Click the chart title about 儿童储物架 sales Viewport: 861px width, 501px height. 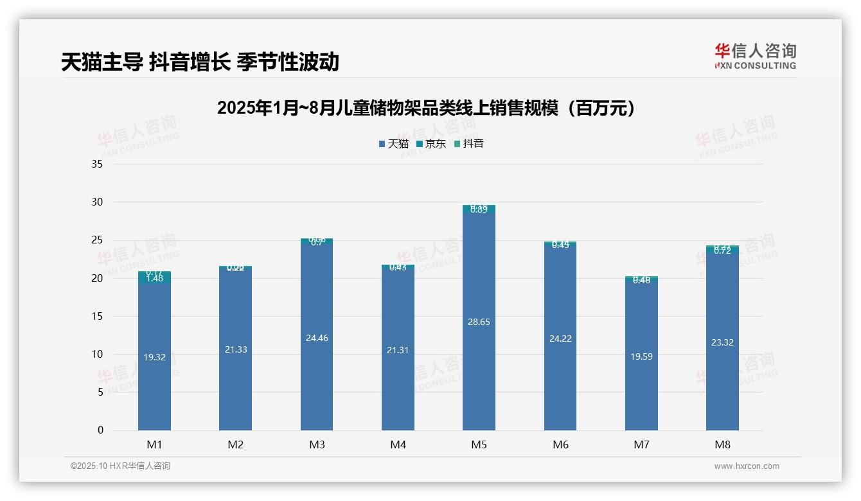tap(426, 108)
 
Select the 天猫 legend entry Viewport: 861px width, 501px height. tap(394, 144)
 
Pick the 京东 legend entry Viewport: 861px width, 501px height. tap(431, 144)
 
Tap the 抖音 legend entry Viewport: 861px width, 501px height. tap(469, 144)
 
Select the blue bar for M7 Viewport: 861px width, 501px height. tap(641, 385)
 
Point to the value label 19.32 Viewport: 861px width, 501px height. tap(154, 357)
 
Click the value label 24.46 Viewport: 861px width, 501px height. tap(317, 338)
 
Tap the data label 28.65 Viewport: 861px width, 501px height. tap(479, 322)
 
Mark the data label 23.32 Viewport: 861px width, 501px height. tap(722, 342)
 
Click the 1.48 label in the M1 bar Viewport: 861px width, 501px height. tap(154, 278)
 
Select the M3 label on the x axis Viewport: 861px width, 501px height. tap(317, 444)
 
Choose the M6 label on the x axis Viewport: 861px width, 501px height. tap(560, 444)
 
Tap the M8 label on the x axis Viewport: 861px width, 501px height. tap(722, 444)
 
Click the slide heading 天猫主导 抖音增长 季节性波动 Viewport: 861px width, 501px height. tap(200, 62)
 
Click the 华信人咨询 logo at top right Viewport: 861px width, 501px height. tap(755, 56)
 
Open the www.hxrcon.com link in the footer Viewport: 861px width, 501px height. tap(747, 466)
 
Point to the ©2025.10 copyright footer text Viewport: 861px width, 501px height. tap(120, 466)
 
